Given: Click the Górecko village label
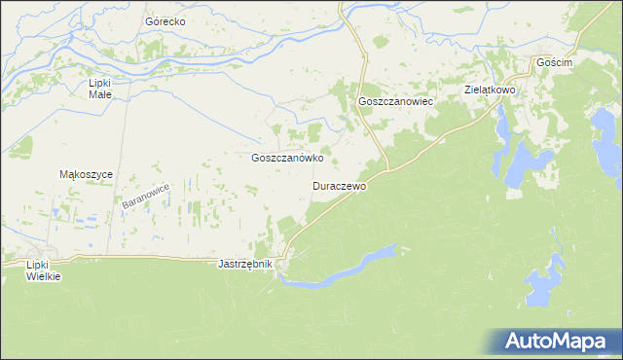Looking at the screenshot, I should coord(165,20).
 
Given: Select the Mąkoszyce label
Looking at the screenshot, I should coord(87,174).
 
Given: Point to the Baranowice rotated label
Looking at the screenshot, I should coord(146,197).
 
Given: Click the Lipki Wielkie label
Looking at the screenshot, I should coord(44,270).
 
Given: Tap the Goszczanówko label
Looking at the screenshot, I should coord(287,157).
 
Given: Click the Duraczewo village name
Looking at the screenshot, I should coord(339,185).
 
